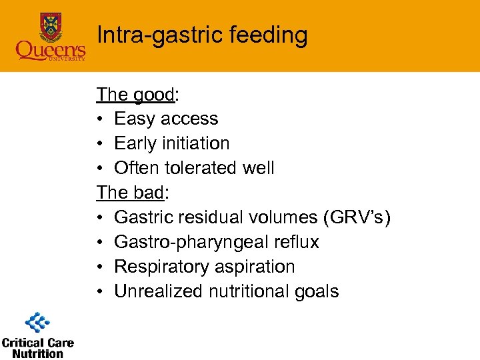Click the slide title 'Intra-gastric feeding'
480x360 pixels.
pos(202,35)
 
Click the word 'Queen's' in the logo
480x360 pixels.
pos(51,51)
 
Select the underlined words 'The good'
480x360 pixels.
pos(135,94)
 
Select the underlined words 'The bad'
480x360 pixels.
pos(130,193)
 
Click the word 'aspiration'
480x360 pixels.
pos(259,267)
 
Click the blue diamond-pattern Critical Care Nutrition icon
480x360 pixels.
pos(37,323)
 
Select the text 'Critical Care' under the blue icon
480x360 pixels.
pos(37,343)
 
